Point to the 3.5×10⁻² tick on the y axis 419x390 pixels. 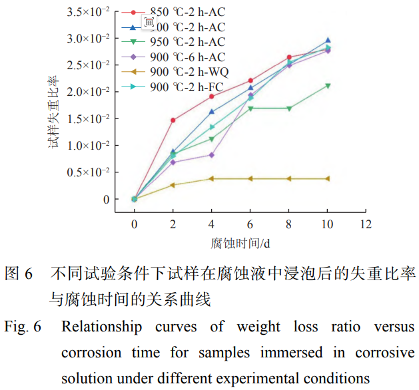(87, 12)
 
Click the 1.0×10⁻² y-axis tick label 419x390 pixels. (87, 145)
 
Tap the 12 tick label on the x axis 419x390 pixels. (365, 225)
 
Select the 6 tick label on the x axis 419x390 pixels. (250, 225)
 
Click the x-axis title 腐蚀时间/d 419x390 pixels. (240, 243)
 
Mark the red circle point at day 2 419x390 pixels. (173, 120)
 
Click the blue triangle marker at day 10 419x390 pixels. (327, 41)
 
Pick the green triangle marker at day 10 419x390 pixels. (327, 86)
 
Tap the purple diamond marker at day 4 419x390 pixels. (211, 154)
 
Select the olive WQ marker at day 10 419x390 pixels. (327, 178)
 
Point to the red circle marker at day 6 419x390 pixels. (250, 81)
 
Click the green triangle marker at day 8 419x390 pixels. (288, 108)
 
